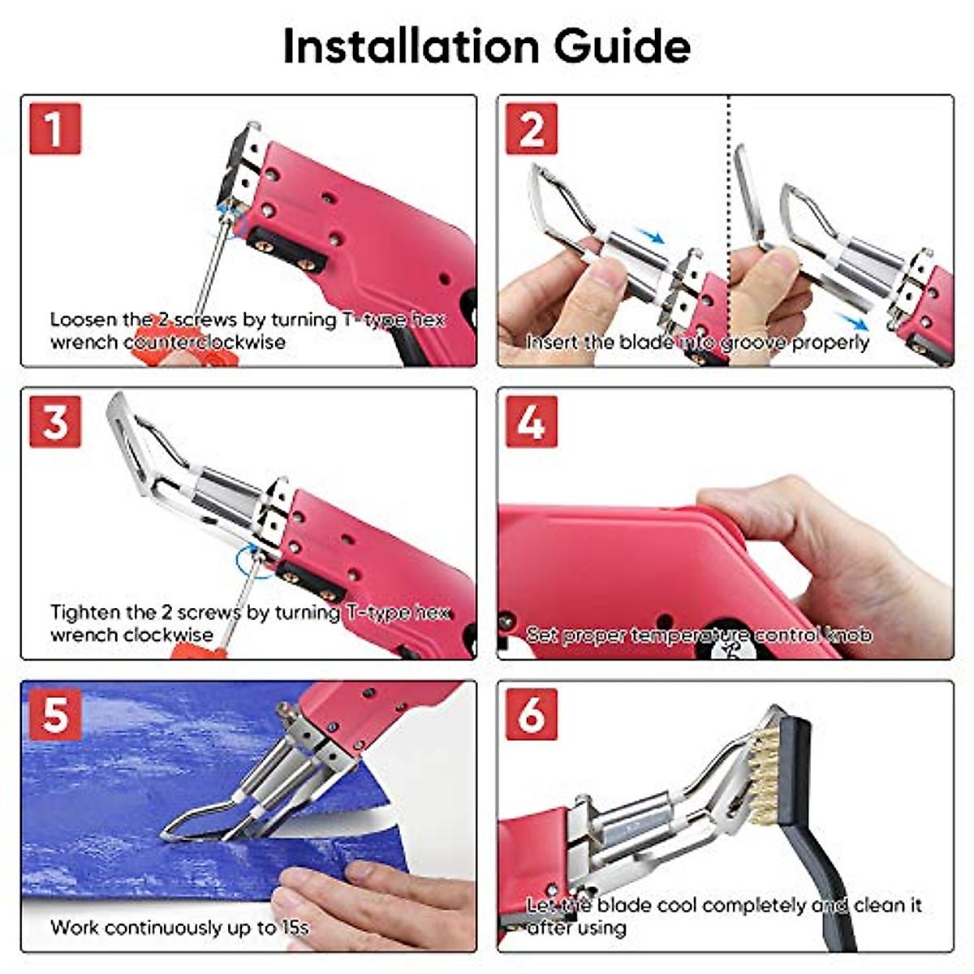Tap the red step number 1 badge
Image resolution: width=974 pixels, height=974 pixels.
click(55, 128)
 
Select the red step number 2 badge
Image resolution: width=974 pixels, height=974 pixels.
click(532, 128)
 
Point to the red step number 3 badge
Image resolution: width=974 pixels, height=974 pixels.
click(55, 421)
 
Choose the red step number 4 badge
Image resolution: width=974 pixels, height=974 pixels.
click(532, 421)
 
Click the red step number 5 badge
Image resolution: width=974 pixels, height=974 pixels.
click(55, 714)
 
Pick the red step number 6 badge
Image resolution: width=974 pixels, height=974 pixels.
click(532, 714)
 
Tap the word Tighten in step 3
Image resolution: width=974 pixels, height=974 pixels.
click(81, 612)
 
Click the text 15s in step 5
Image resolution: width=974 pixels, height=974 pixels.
click(295, 927)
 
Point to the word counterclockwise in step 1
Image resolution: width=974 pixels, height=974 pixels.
click(204, 342)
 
